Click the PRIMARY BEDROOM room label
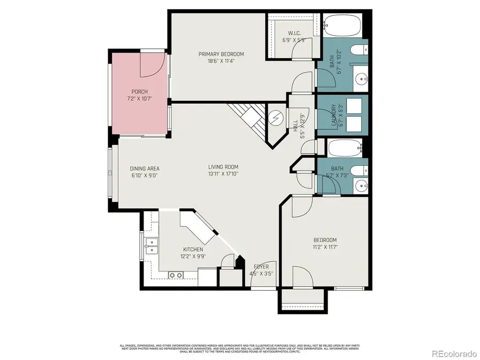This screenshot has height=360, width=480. point(221,54)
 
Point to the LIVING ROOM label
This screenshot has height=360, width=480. point(223,166)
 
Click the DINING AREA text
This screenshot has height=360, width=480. point(145,169)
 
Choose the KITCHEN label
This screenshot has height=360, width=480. point(193,249)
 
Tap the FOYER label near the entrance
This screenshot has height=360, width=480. point(261,267)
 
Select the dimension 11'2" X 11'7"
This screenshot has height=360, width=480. point(325,247)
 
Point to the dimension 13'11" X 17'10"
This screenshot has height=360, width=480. point(223,173)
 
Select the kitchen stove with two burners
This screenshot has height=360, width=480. point(175,275)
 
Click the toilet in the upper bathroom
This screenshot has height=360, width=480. point(361,51)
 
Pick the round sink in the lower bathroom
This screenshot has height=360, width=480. point(362,186)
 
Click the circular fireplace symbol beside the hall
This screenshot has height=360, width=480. point(276,117)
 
